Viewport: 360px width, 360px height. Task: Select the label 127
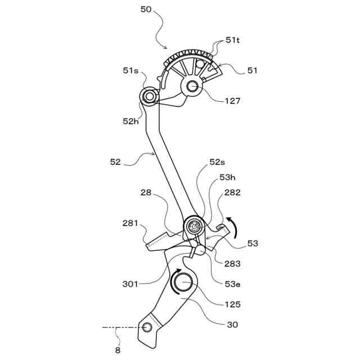(232, 101)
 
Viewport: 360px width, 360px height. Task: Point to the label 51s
(131, 70)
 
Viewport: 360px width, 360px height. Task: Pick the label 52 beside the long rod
(115, 162)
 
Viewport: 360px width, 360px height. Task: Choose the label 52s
(217, 162)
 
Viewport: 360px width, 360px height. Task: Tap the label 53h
(227, 177)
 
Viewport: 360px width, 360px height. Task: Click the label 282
(232, 192)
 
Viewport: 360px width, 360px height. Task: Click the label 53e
(232, 284)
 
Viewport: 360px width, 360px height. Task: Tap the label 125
(232, 304)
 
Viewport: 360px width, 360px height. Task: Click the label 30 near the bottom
(232, 325)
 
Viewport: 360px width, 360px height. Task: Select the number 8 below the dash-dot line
(118, 349)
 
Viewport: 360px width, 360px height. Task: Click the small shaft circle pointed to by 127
(192, 86)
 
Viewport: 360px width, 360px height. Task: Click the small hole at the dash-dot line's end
(148, 327)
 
